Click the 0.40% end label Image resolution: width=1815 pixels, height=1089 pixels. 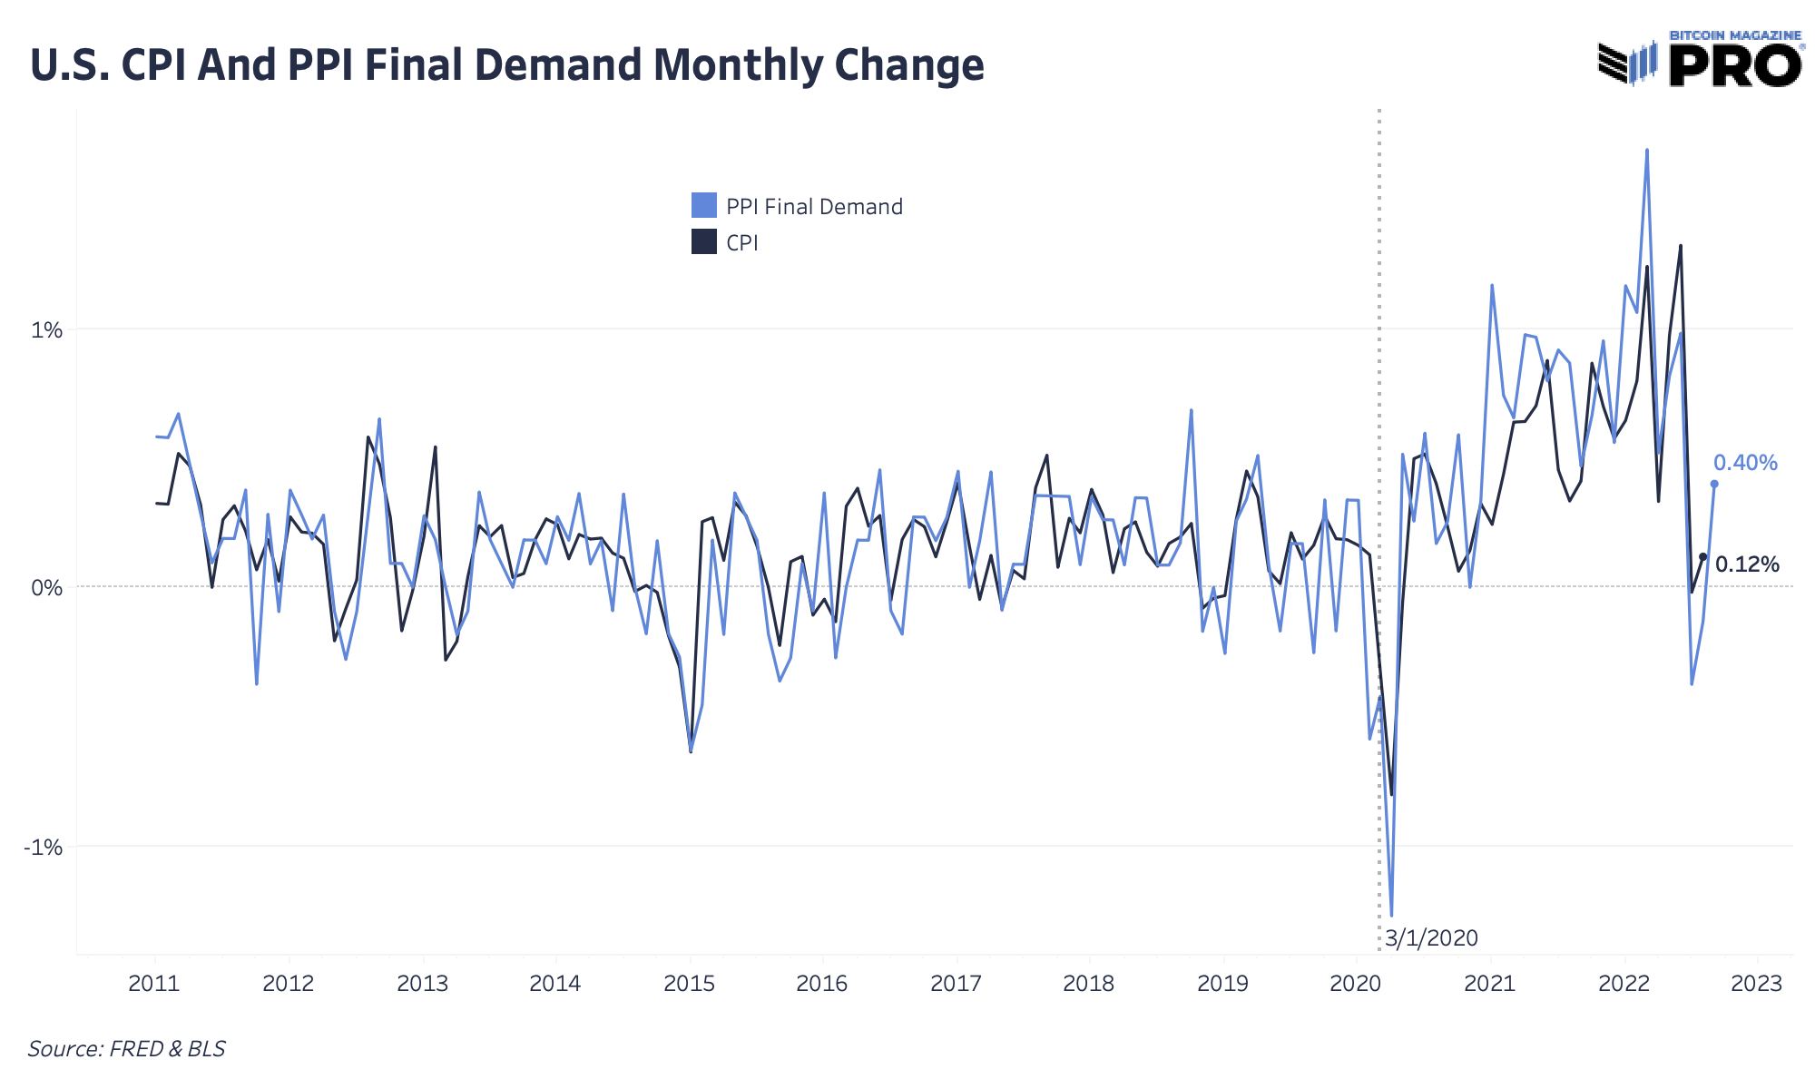[x=1744, y=463]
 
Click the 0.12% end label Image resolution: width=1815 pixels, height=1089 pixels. [x=1747, y=564]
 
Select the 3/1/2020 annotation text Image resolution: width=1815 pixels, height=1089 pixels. [x=1431, y=938]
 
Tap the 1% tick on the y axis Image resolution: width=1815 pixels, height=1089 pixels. [x=47, y=329]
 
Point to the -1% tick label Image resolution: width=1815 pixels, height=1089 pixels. [x=44, y=848]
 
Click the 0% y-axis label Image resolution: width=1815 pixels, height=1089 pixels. [x=47, y=588]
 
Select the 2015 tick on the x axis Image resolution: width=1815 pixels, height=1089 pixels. [x=690, y=984]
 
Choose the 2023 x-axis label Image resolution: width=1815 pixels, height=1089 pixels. [x=1757, y=984]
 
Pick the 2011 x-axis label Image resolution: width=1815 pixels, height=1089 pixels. [x=154, y=984]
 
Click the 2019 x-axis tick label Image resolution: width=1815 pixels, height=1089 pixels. [x=1222, y=984]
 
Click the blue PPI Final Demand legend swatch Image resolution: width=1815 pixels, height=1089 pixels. [x=704, y=206]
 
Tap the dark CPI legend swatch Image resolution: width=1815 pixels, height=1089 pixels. [x=704, y=242]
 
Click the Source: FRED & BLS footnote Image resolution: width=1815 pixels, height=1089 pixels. [x=126, y=1049]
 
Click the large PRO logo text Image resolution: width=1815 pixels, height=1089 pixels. [x=1734, y=65]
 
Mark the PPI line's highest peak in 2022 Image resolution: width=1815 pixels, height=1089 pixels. [x=1647, y=150]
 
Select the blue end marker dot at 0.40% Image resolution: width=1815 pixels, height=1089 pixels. [x=1714, y=484]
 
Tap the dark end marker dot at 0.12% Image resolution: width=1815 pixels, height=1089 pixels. [x=1702, y=556]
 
